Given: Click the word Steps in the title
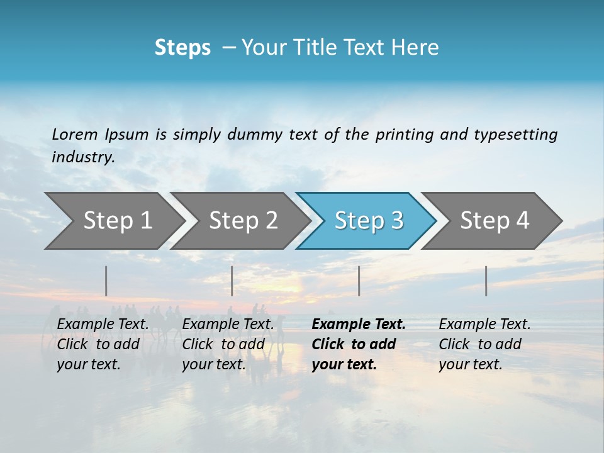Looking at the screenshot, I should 182,48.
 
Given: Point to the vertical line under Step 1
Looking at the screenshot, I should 106,281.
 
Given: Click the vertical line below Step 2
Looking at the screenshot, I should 232,281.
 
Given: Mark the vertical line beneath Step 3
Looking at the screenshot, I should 359,281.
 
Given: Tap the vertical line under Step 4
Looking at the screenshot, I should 486,281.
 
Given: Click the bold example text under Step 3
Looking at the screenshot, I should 357,344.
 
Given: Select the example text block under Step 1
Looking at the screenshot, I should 103,344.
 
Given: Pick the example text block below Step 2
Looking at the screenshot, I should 228,344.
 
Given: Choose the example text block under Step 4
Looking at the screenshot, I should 484,344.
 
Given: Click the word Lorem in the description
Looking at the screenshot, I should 74,135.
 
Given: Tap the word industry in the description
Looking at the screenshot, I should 83,157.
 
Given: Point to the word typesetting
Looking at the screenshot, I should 515,135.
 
